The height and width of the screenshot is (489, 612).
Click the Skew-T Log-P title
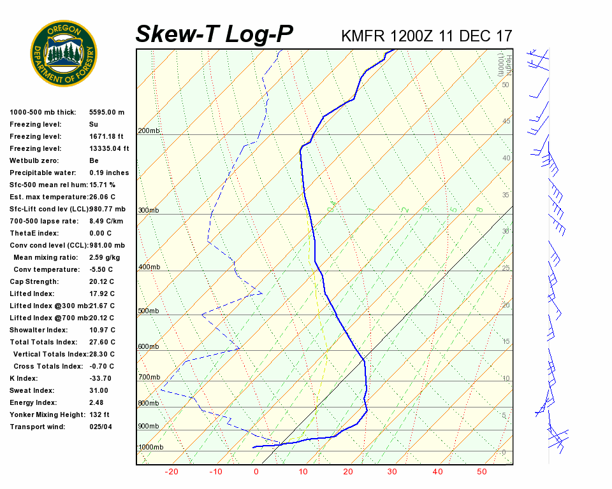coord(214,34)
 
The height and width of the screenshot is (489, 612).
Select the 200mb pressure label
coord(149,131)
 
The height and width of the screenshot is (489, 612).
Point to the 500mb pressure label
coord(149,311)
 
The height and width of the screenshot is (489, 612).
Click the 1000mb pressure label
coord(150,448)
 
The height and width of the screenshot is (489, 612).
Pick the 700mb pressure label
coord(149,378)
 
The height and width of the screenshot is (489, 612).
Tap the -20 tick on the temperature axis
coord(171,472)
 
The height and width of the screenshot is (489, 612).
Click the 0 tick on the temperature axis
coord(256,472)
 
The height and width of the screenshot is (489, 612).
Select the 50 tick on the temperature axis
coord(481,472)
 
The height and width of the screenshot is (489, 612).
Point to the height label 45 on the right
coord(506,122)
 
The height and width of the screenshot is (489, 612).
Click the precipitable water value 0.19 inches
coord(109,173)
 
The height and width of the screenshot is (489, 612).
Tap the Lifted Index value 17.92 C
coord(102,294)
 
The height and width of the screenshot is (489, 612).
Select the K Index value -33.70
coord(102,378)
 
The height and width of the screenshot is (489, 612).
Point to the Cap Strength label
coord(34,281)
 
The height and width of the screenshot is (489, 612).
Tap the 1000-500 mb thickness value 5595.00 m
coord(106,112)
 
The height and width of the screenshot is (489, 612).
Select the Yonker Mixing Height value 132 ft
coord(99,415)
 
